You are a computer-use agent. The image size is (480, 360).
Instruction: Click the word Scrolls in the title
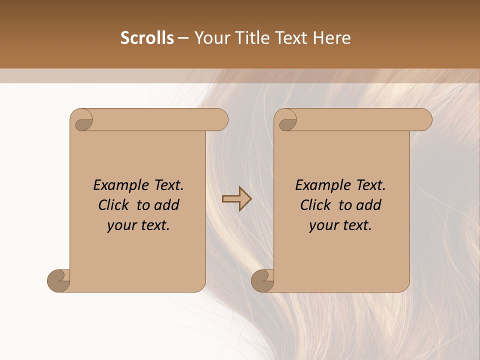coord(147,38)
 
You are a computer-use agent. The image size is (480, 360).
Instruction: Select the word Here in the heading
coord(332,38)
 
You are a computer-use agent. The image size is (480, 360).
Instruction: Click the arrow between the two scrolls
coord(236,199)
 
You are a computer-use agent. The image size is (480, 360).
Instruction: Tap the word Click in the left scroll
coord(114,205)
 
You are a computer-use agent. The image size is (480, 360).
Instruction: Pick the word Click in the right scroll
coord(316,205)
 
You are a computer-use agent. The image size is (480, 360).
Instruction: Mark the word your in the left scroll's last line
coord(120,225)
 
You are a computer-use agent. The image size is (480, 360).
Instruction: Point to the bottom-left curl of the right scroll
coord(263,280)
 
